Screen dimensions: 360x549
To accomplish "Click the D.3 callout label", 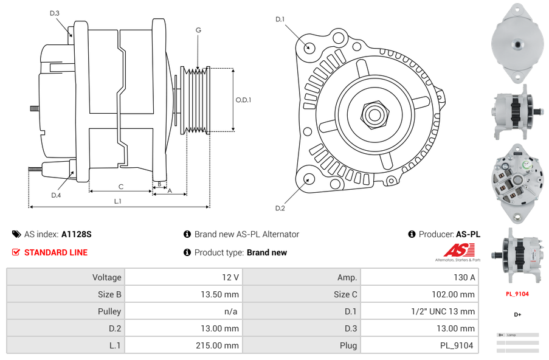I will coord(54,13).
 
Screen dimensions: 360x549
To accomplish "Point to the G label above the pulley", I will coord(198,30).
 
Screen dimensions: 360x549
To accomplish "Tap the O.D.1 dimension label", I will coord(243,100).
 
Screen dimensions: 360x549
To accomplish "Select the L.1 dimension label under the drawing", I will coord(118,201).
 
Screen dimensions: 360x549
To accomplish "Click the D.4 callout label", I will coord(56,195).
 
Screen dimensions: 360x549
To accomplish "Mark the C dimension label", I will coord(121,187).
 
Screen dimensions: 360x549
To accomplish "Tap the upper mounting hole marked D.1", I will coord(309,47).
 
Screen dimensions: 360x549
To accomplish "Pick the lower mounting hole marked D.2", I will coord(308,179).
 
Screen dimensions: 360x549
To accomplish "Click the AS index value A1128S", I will coord(76,234).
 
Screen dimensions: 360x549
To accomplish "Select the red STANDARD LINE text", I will coord(56,252).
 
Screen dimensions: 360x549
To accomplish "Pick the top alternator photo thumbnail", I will coord(517,43).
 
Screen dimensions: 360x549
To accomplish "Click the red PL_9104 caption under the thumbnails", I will coord(517,294).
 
